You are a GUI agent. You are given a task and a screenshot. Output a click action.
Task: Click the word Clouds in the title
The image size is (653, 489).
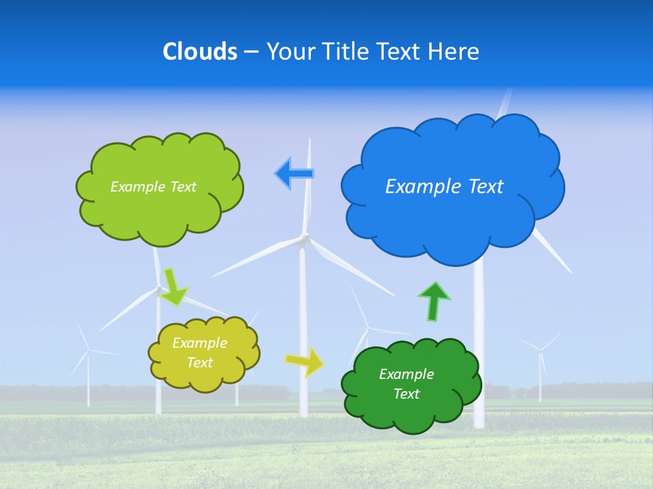199,52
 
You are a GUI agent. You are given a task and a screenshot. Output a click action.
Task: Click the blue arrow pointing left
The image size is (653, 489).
295,174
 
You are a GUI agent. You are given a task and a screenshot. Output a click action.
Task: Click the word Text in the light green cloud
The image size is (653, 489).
184,187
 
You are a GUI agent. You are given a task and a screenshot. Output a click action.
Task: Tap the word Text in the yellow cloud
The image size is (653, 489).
199,363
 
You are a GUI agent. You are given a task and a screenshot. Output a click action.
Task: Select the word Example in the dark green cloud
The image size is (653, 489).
406,374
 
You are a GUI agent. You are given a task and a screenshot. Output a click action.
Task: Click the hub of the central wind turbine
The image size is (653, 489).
304,238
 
